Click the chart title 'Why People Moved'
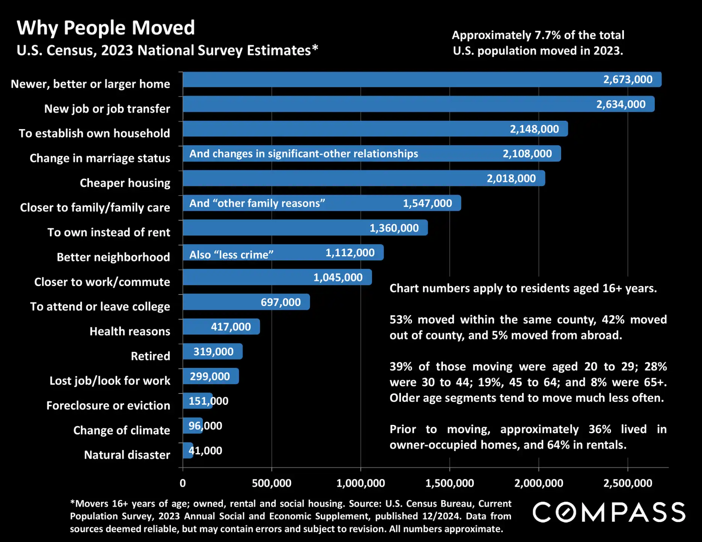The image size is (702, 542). [106, 28]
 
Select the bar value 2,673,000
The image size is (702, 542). [628, 80]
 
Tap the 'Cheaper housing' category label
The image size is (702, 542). [125, 183]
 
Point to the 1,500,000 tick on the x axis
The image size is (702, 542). [449, 483]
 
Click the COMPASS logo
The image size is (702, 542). [609, 512]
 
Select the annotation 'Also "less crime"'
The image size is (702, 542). [231, 255]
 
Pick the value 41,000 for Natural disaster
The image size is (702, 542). [205, 450]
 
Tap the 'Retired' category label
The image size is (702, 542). [150, 356]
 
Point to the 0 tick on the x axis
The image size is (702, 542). [183, 483]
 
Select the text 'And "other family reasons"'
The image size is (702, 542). [257, 203]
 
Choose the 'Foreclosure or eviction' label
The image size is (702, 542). [108, 405]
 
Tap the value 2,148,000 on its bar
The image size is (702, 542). [534, 129]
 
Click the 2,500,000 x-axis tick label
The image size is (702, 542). [627, 483]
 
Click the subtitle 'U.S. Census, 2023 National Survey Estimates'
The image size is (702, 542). [167, 50]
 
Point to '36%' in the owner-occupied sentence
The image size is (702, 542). [600, 429]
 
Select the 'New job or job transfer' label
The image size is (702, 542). [107, 109]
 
